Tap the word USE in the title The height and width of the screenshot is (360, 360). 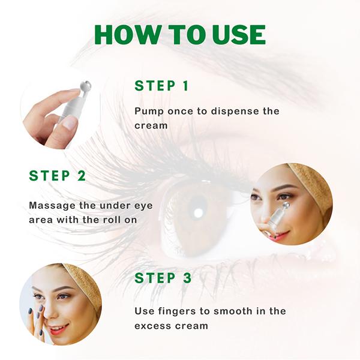(x=239, y=35)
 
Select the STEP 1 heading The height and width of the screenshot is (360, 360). (x=161, y=86)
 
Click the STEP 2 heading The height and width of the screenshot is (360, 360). (x=58, y=176)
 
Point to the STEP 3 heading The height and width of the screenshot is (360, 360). (x=163, y=278)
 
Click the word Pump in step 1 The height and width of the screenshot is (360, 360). (x=149, y=112)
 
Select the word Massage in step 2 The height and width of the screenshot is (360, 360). (x=52, y=206)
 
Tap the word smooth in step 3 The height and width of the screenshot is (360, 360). (x=233, y=311)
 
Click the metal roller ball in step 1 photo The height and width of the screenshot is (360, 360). (x=85, y=86)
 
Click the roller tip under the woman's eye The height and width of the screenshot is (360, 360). (x=285, y=205)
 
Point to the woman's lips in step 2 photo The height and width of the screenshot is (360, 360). (x=280, y=236)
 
